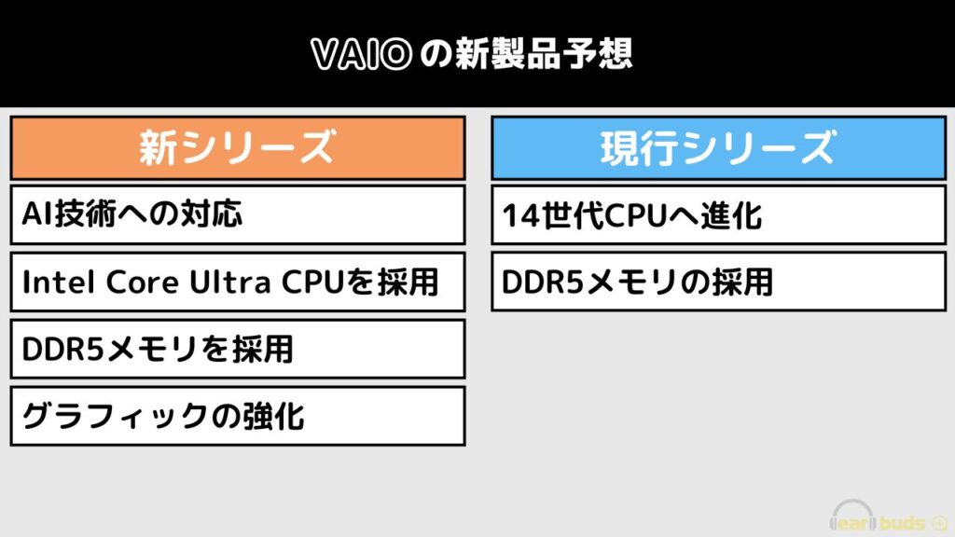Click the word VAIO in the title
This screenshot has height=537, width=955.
pos(362,54)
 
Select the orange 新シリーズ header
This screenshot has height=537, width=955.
pos(238,147)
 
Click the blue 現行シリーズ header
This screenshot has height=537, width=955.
pos(718,147)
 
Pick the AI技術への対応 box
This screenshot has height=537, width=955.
pos(238,215)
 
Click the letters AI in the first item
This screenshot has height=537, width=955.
pos(37,214)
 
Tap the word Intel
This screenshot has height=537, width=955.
pos(59,282)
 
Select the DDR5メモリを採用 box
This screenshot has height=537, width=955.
pos(238,350)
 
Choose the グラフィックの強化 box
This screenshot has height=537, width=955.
pos(238,417)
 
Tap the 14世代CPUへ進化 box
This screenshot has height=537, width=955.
pos(718,215)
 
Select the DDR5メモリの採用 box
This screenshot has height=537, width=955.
pos(718,282)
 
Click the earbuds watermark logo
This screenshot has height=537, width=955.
pos(888,516)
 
